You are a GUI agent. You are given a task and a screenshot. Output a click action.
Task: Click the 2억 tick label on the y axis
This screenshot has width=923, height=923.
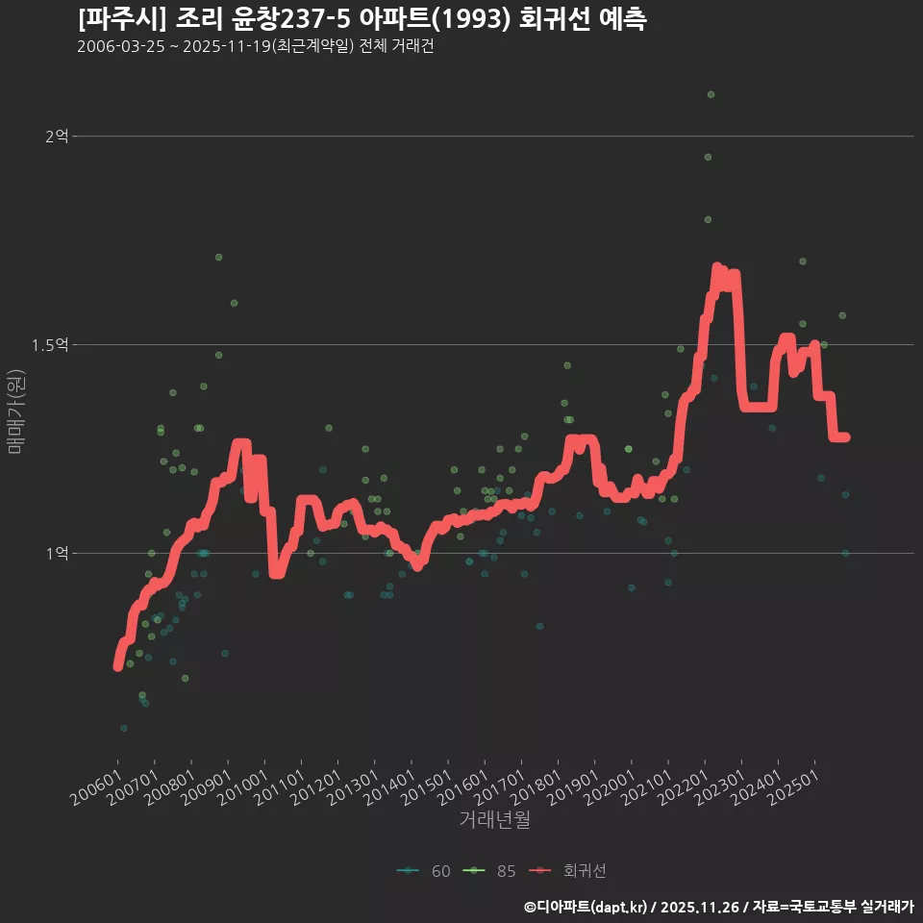(56, 137)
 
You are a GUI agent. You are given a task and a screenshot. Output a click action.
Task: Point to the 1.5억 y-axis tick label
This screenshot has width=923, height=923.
(50, 344)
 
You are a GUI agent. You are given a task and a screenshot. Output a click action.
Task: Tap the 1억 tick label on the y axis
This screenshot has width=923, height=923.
(56, 553)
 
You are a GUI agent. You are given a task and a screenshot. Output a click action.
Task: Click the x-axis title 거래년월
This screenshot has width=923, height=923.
(494, 820)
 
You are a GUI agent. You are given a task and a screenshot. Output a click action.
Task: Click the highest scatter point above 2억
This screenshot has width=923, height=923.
(711, 94)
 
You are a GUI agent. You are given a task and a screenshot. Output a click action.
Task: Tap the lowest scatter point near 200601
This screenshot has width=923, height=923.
(123, 728)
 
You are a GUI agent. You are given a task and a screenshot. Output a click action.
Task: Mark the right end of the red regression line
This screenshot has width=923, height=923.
(845, 437)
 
